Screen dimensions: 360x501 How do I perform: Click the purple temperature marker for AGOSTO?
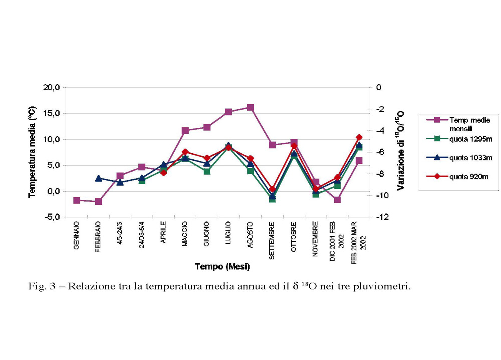pyautogui.click(x=250, y=107)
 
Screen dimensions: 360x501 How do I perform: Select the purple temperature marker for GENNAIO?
pyautogui.click(x=77, y=200)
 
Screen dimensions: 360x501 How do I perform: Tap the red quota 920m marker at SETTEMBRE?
pyautogui.click(x=272, y=189)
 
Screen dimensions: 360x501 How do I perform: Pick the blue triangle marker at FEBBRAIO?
pyautogui.click(x=99, y=178)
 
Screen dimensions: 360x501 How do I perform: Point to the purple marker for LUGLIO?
pyautogui.click(x=228, y=112)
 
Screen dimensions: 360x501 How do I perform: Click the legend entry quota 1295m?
pyautogui.click(x=460, y=139)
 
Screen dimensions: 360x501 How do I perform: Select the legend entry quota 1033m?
pyautogui.click(x=460, y=158)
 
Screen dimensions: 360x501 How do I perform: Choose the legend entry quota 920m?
pyautogui.click(x=460, y=176)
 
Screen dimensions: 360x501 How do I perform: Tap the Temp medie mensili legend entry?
pyautogui.click(x=460, y=123)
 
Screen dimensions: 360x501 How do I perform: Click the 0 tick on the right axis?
pyautogui.click(x=379, y=87)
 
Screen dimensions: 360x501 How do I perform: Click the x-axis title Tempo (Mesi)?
pyautogui.click(x=222, y=266)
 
